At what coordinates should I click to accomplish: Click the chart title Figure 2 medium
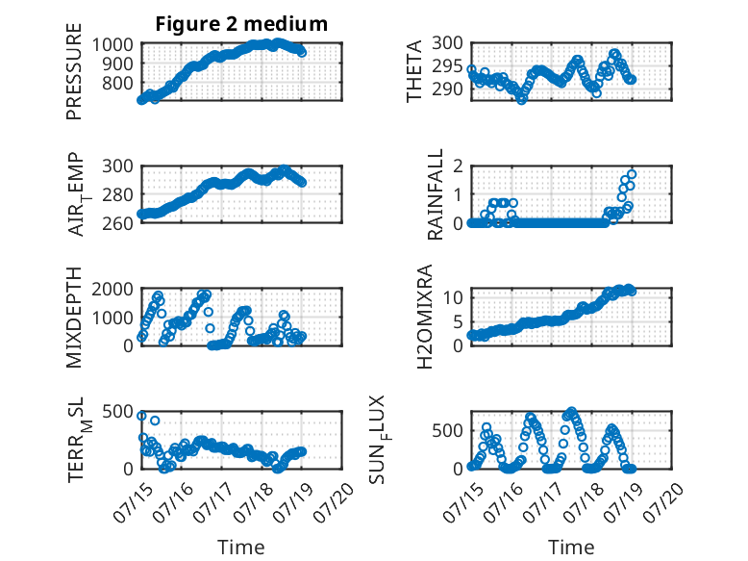coord(241,24)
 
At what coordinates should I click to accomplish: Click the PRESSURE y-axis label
coord(74,71)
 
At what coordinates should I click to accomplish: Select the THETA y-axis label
coord(414,71)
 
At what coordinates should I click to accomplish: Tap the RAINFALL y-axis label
coord(436,194)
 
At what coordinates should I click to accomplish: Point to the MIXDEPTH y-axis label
coord(74,318)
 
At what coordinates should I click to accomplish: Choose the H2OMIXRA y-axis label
coord(424,317)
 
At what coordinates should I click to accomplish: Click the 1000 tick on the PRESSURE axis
coord(112,45)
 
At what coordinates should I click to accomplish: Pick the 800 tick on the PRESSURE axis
coord(117,83)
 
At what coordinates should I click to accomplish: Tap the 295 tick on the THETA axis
coord(447,66)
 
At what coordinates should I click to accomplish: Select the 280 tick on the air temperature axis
coord(117,194)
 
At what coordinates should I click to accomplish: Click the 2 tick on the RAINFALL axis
coord(458,166)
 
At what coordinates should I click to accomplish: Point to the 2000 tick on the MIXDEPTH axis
coord(112,289)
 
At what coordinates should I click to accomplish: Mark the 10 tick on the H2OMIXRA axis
coord(453,298)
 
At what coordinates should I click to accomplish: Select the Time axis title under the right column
coord(571,548)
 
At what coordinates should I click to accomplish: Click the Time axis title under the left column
coord(241,548)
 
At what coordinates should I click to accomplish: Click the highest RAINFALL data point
coord(632,174)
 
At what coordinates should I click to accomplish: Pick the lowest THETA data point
coord(522,100)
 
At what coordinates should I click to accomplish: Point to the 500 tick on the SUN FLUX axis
coord(447,431)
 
